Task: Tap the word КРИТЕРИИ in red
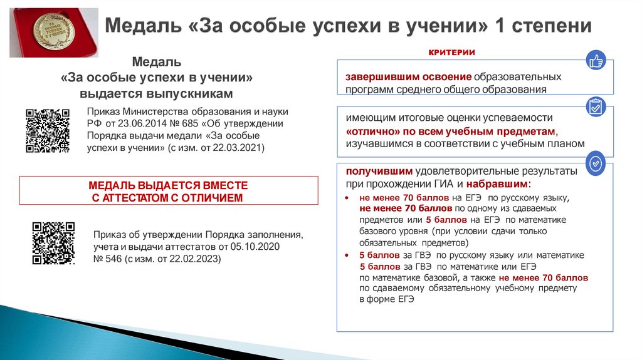click(451, 53)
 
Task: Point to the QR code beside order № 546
click(53, 244)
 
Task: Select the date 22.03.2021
click(241, 147)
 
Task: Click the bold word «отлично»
click(369, 131)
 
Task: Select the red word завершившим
click(377, 77)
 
